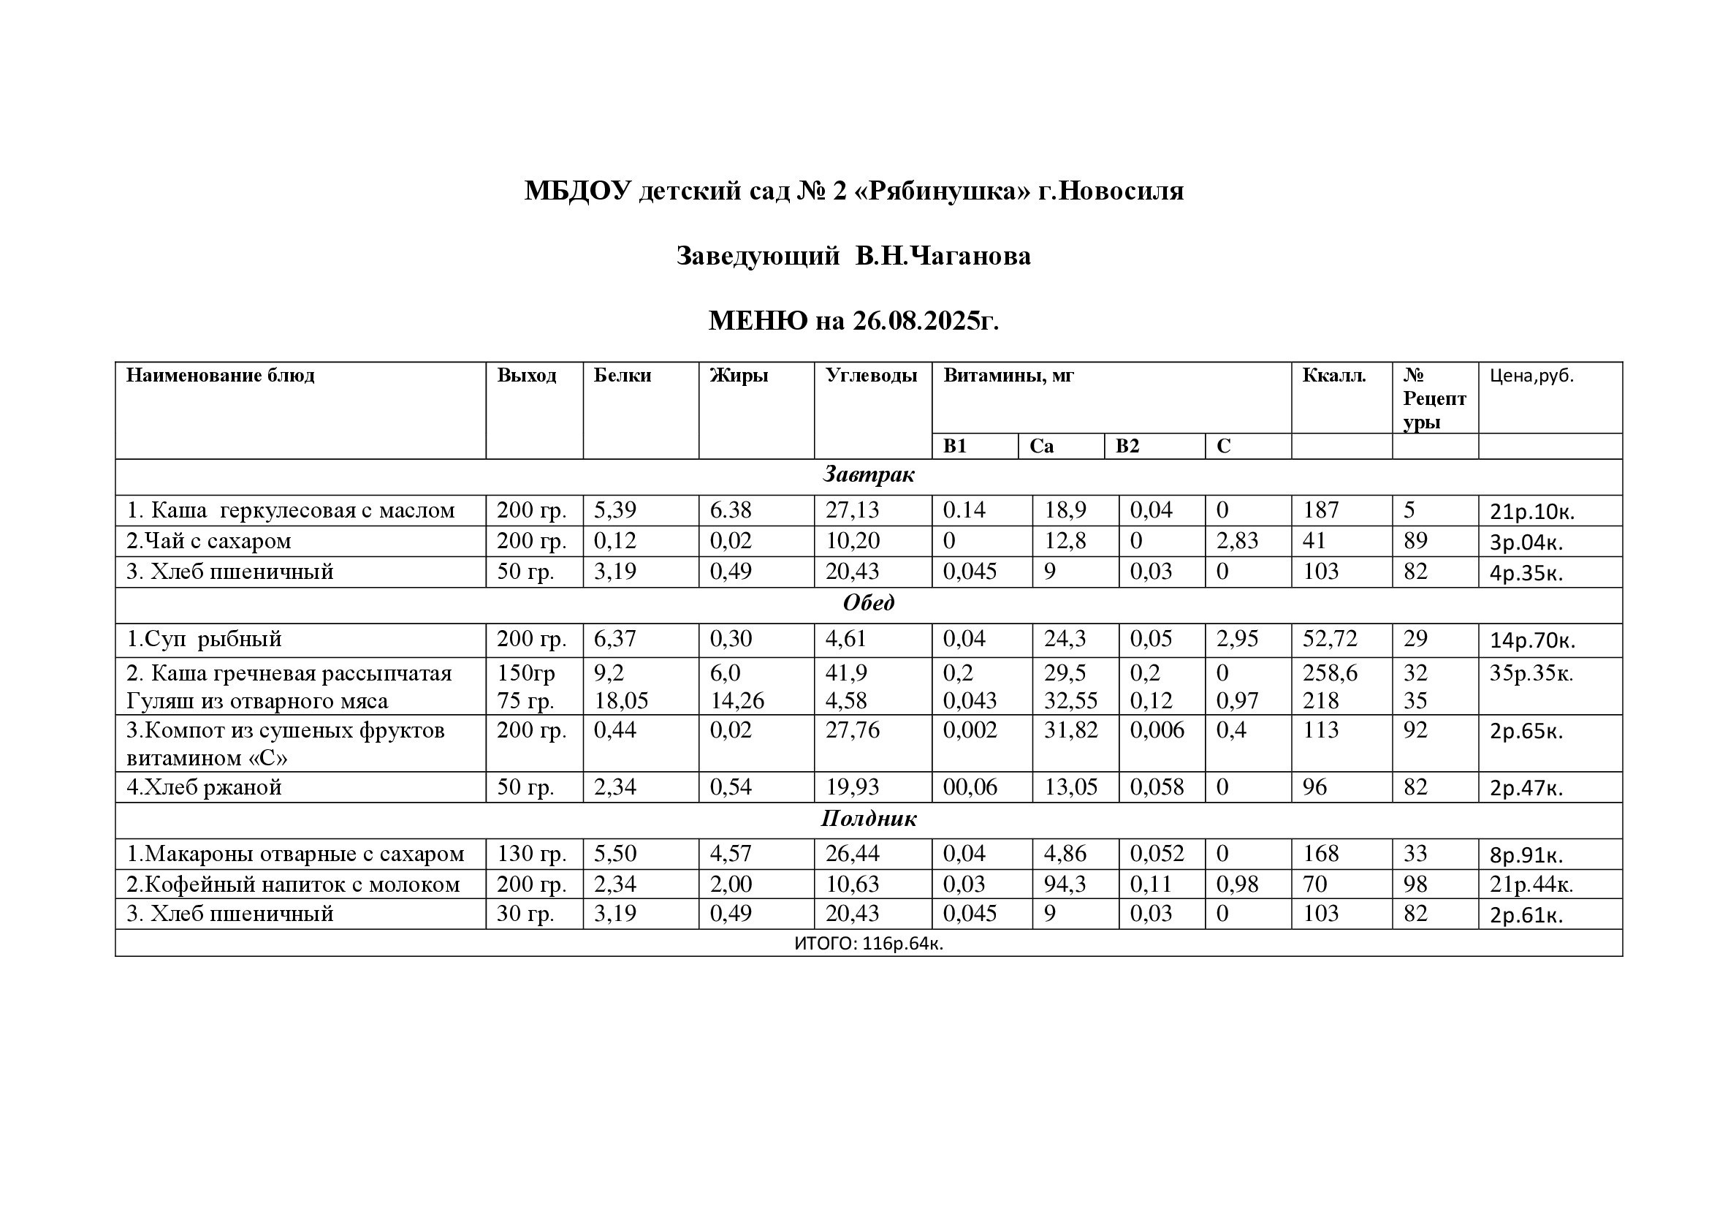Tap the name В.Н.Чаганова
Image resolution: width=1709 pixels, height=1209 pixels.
[x=943, y=256]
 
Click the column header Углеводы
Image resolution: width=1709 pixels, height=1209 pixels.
[x=871, y=375]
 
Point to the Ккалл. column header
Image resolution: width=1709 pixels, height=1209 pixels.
[x=1334, y=375]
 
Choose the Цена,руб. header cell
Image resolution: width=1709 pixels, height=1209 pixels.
[x=1532, y=376]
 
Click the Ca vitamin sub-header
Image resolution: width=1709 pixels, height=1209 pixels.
[x=1041, y=446]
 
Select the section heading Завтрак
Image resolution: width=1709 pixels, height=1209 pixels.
[x=868, y=474]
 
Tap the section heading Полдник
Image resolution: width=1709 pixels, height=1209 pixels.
[x=868, y=819]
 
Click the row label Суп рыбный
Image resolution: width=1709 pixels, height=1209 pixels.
[x=204, y=639]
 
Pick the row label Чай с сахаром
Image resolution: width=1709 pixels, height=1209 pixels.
[x=209, y=540]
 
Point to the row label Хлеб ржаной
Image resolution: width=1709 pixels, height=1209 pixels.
[x=204, y=787]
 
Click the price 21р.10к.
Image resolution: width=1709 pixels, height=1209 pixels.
[x=1532, y=512]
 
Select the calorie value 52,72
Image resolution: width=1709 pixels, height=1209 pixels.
[x=1329, y=639]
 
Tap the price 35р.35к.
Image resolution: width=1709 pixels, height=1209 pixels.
[x=1531, y=673]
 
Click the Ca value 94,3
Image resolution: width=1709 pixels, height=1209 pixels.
[x=1065, y=884]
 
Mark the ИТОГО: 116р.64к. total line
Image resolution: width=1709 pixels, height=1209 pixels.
[x=868, y=943]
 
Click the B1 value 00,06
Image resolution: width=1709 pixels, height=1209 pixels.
[x=970, y=787]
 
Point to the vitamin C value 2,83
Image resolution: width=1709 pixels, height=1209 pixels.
[x=1236, y=540]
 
